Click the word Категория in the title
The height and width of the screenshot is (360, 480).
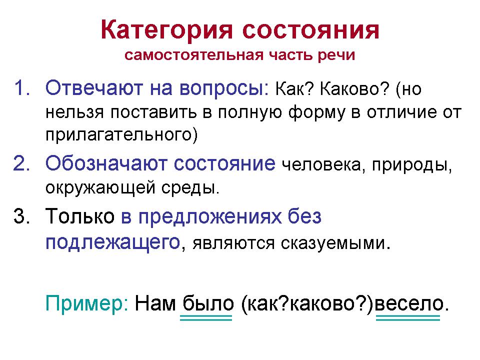click(167, 30)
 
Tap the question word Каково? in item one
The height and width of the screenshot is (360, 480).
click(348, 90)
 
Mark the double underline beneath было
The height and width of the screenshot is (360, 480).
click(206, 318)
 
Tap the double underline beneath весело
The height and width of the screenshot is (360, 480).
click(407, 318)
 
